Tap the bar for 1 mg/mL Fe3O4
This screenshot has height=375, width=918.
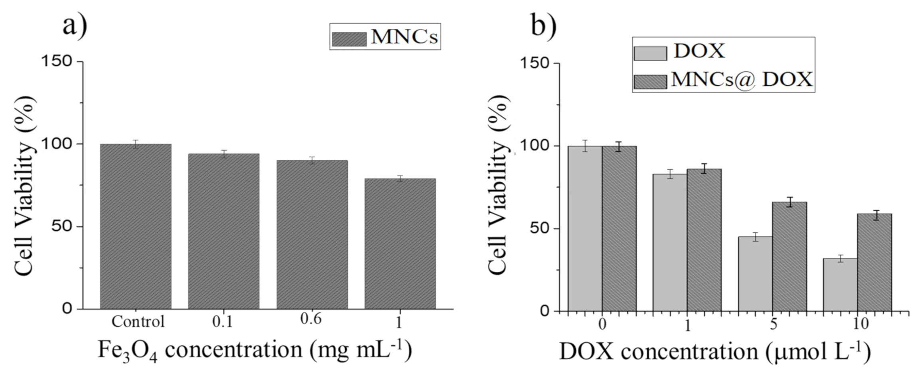(x=400, y=243)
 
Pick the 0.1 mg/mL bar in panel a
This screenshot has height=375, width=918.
(x=224, y=231)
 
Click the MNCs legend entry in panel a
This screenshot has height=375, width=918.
(x=385, y=37)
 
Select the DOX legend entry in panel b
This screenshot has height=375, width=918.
(x=679, y=52)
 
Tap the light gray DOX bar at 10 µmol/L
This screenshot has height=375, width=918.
(x=840, y=285)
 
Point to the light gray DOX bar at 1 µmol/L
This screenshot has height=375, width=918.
(x=670, y=242)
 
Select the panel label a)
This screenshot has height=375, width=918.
(x=75, y=25)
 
